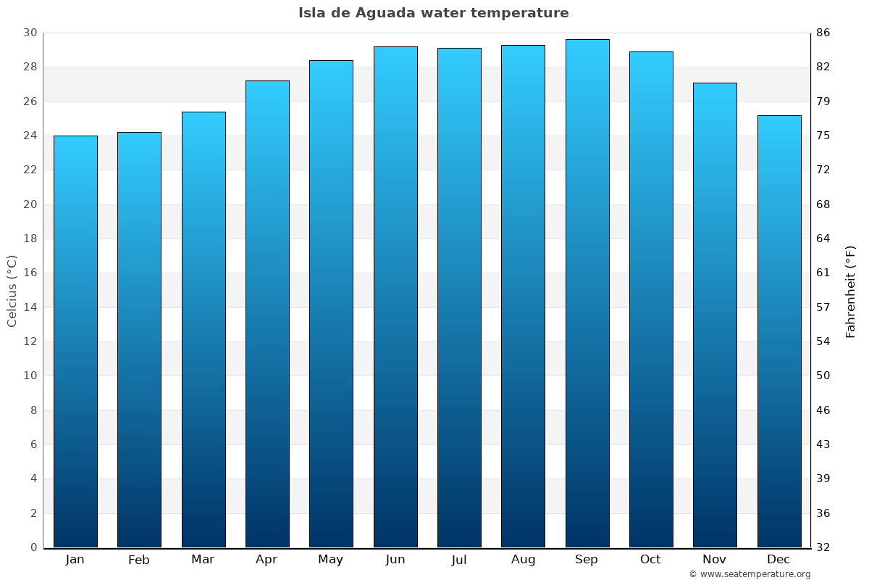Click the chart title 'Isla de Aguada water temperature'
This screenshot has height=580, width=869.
[434, 13]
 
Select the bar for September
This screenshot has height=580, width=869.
[587, 294]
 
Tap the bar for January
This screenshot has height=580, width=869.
[75, 341]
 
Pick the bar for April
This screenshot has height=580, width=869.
[267, 314]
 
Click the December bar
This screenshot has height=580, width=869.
[779, 331]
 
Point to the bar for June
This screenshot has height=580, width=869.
[395, 297]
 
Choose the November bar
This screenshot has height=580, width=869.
[715, 315]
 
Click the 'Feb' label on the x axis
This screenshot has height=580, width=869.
[139, 560]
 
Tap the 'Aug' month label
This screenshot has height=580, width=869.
[523, 560]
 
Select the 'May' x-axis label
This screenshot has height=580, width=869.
[331, 560]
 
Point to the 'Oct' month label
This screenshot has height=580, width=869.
[650, 560]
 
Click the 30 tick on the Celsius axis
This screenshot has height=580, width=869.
[30, 33]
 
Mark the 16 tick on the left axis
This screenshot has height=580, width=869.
[30, 273]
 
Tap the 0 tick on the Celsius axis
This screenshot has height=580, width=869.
[33, 547]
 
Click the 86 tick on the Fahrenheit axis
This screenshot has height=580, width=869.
[823, 33]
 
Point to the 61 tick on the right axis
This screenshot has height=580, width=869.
[823, 273]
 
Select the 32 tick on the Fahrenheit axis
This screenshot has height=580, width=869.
[823, 547]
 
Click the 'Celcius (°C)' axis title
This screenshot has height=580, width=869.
[12, 291]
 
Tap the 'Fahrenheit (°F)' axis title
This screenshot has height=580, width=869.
[850, 291]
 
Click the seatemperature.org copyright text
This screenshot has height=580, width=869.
[749, 574]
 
